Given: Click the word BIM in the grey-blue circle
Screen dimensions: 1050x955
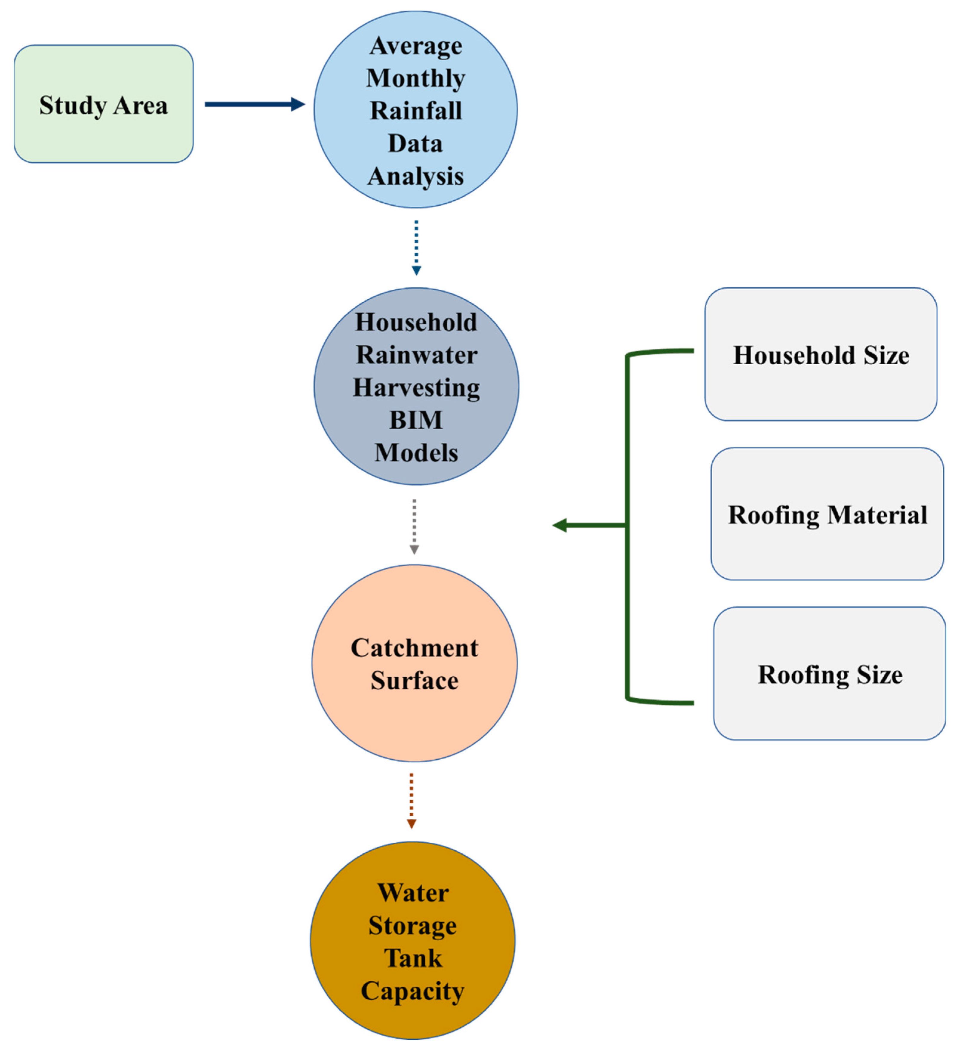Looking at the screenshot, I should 416,420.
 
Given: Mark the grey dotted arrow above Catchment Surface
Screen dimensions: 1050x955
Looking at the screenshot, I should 414,526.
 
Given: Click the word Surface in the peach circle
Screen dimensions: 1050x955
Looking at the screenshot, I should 414,681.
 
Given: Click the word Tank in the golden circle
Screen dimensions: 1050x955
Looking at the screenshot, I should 413,958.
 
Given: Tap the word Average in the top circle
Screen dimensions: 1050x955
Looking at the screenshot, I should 416,46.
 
